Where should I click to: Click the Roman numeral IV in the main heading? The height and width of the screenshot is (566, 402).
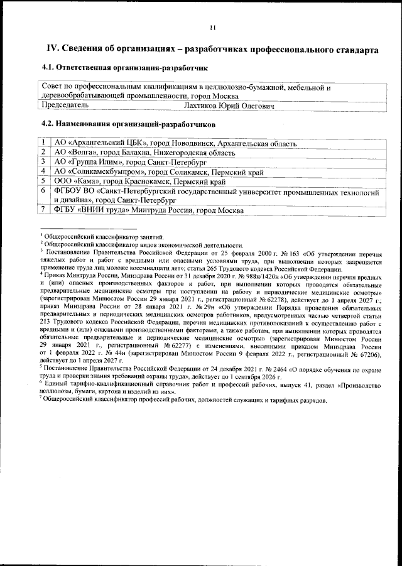pos(55,49)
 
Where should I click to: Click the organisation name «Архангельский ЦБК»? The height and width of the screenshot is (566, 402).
pos(107,143)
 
